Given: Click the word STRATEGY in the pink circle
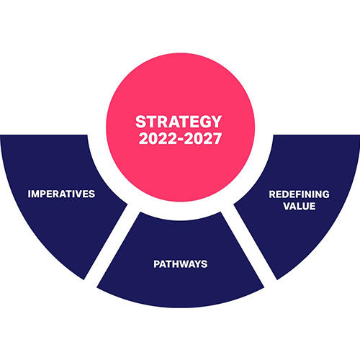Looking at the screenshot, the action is (179, 122).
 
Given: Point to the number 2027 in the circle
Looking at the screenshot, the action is (203, 139).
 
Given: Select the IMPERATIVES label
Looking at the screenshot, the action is (61, 194).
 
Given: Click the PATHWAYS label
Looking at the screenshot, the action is (181, 264).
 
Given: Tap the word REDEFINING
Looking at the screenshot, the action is (299, 194).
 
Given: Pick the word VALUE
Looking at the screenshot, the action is (300, 206).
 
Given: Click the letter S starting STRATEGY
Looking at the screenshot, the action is (141, 122).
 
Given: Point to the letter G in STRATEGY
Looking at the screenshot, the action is (204, 122).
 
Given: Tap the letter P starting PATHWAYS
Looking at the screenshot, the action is (156, 264).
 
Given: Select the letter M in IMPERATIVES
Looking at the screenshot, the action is (36, 194).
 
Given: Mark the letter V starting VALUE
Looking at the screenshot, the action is (287, 206).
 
